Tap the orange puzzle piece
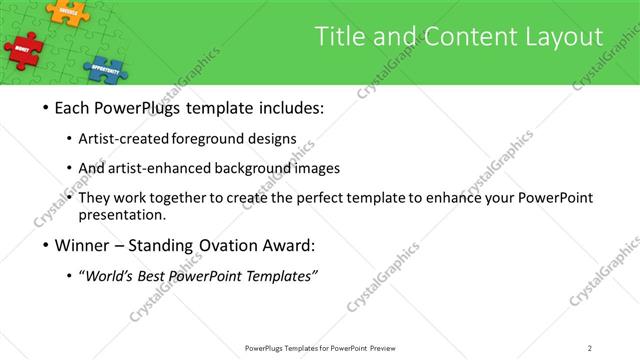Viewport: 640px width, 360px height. click(x=67, y=11)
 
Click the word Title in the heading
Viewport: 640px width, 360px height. click(x=341, y=38)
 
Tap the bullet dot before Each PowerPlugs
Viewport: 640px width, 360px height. click(x=48, y=108)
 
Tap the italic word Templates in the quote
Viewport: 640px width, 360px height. click(x=280, y=275)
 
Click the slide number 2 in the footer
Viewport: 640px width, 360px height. click(x=590, y=348)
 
